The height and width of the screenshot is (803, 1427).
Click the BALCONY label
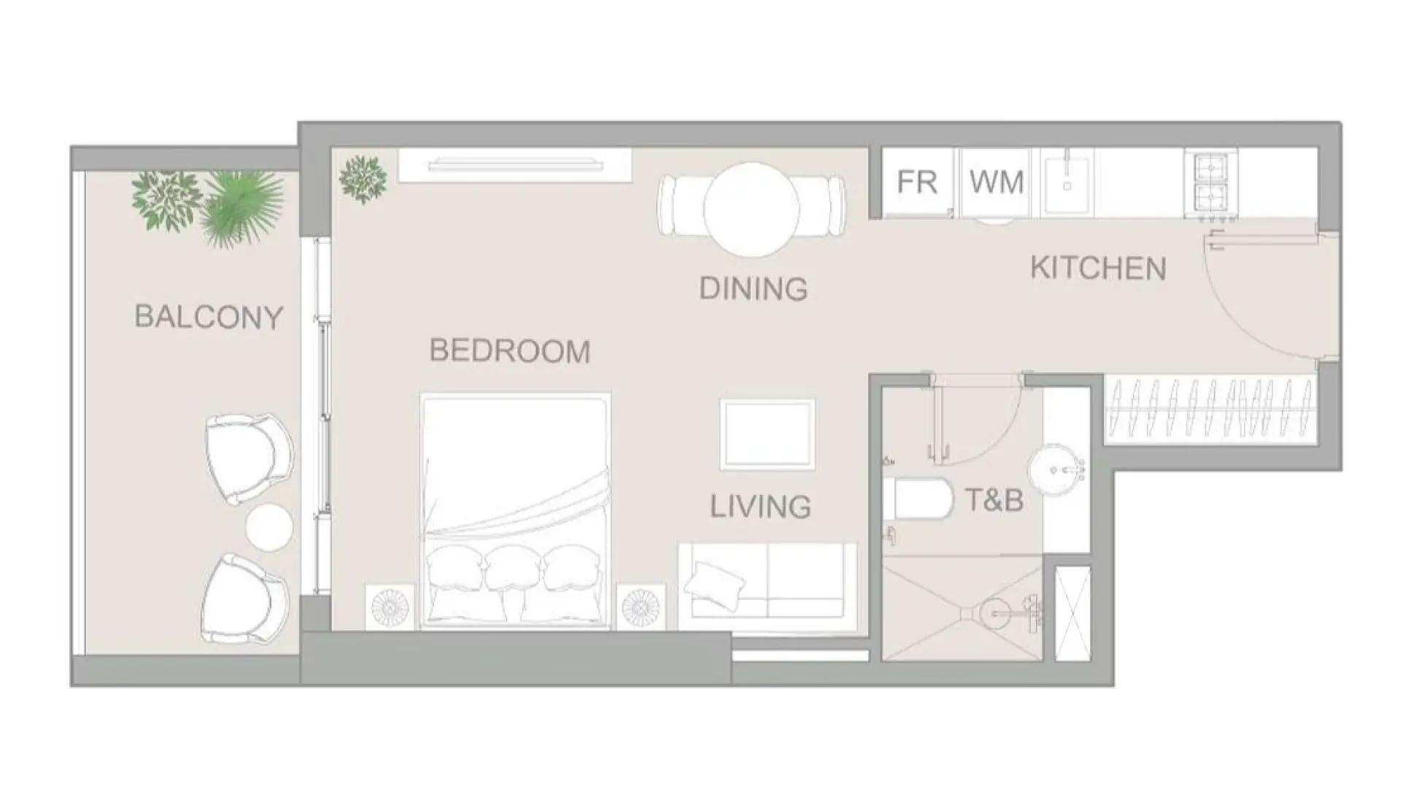209,318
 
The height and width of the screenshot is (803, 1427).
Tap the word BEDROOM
509,351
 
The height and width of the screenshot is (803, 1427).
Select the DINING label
753,289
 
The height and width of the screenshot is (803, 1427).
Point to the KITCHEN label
1098,269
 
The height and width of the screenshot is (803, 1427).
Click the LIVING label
760,507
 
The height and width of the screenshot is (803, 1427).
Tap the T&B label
994,500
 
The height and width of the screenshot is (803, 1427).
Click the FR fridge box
916,182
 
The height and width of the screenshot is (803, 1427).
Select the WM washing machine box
996,182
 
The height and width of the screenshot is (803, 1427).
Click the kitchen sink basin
1067,185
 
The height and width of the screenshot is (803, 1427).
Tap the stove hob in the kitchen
1211,182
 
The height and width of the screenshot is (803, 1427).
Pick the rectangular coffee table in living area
767,434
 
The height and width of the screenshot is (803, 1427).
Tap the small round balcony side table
269,527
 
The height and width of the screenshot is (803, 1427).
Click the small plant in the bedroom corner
363,179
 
